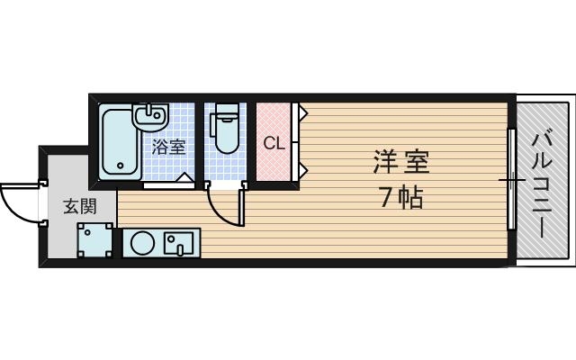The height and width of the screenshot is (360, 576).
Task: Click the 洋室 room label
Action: pos(402,164)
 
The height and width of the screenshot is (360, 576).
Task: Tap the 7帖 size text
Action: pos(401,197)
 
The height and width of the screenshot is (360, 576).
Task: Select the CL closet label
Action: pos(274,143)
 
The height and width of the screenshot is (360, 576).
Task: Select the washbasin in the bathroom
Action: pos(149,116)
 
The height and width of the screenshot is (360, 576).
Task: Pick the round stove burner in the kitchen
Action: pos(142,243)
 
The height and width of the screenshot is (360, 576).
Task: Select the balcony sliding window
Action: pos(511,180)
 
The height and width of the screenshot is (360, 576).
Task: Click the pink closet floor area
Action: pos(274,166)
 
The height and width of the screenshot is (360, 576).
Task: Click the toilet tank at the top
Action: pos(224,112)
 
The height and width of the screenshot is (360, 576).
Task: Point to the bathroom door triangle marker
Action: pos(184,178)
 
